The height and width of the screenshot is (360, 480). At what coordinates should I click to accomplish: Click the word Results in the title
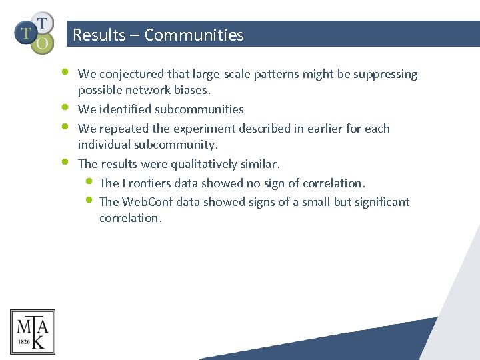coord(99,35)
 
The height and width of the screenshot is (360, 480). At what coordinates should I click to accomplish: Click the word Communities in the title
coord(194,35)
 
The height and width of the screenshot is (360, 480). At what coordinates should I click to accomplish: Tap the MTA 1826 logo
coord(33,332)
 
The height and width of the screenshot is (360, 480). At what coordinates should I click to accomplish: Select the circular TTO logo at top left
coord(34,31)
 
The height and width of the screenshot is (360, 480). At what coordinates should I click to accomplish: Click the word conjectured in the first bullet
coord(129,74)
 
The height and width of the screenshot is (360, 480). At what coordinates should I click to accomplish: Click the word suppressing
coord(387,74)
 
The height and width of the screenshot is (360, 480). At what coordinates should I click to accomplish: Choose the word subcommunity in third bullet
coord(175,144)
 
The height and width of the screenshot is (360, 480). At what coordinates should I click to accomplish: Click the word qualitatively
coord(203,163)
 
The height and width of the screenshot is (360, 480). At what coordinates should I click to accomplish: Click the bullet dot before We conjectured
coord(65,70)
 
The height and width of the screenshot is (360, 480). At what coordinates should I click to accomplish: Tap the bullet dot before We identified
coord(65,106)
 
